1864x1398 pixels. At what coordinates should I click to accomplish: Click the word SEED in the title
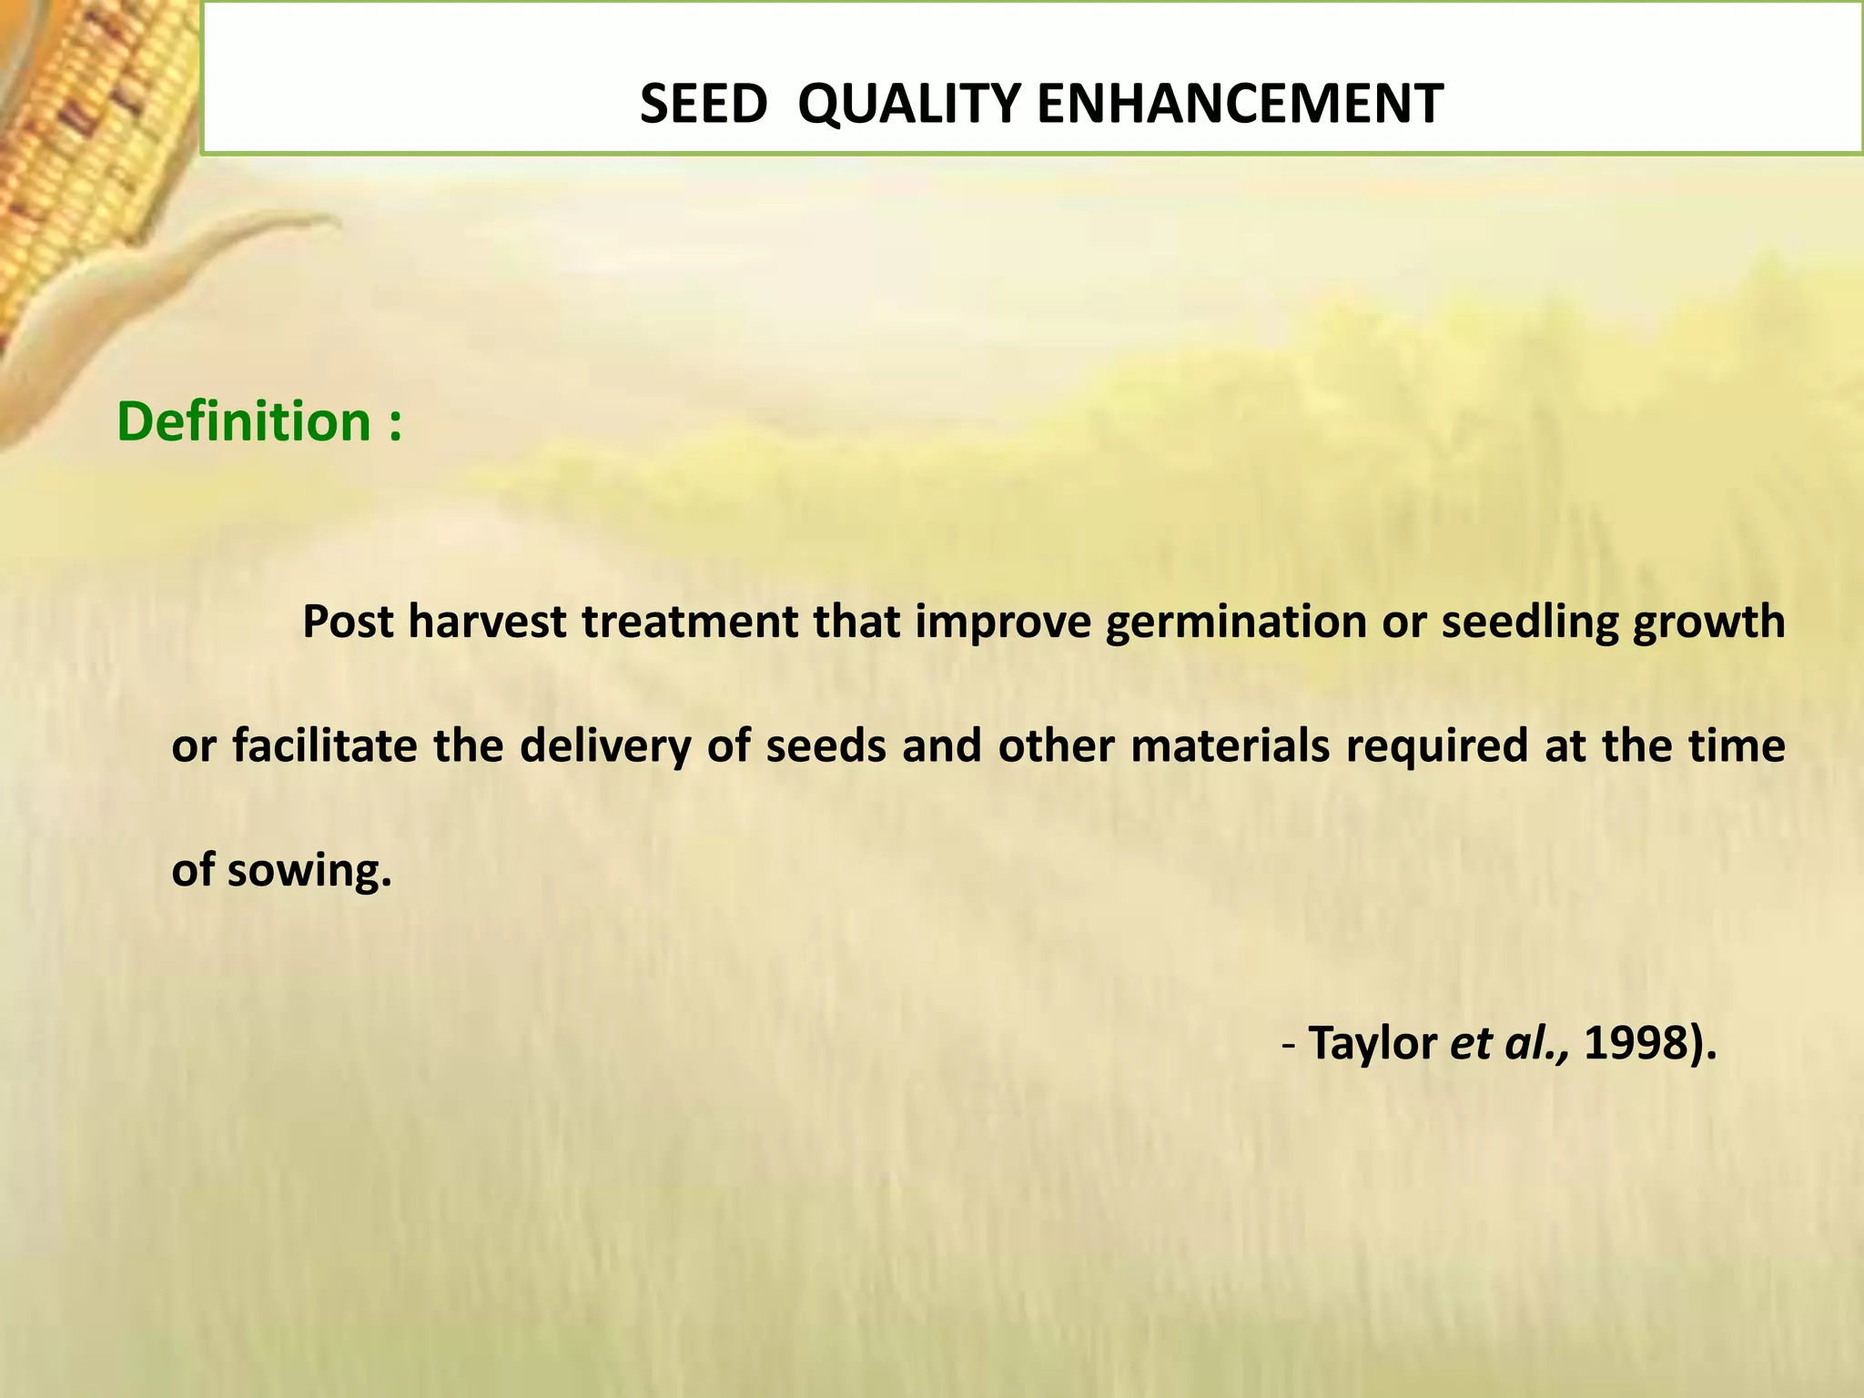[704, 104]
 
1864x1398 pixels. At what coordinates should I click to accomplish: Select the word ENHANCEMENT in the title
[1240, 104]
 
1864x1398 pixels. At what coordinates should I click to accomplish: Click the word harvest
[487, 623]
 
